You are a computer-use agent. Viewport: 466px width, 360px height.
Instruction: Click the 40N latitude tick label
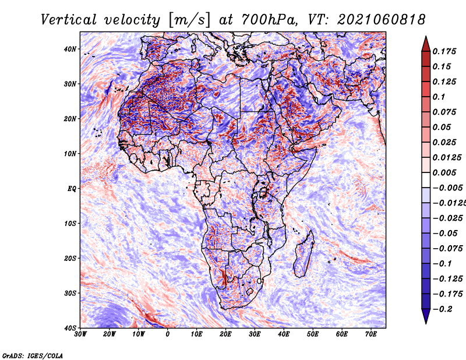[x=70, y=49]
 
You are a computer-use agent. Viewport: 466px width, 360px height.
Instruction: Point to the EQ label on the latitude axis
[x=72, y=189]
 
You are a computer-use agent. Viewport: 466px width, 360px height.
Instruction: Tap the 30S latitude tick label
[x=70, y=293]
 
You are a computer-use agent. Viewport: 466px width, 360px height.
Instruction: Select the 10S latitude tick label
[x=70, y=223]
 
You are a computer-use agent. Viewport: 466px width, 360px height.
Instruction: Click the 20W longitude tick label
[x=109, y=334]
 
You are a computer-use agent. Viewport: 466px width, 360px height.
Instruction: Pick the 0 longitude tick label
[x=168, y=334]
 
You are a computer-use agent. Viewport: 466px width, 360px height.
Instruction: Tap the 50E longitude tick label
[x=313, y=334]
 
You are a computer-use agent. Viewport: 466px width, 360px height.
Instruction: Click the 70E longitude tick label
[x=370, y=334]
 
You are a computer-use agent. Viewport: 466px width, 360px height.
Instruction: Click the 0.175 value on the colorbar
[x=444, y=51]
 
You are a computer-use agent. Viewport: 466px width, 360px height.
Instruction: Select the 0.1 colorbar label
[x=439, y=97]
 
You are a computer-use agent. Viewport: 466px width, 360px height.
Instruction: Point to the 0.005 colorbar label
[x=444, y=172]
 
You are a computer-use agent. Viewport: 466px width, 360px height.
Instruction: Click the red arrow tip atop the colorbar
[x=426, y=37]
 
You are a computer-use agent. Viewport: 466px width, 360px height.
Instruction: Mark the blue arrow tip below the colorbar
[x=426, y=323]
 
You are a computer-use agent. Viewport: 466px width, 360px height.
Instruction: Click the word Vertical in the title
[x=69, y=20]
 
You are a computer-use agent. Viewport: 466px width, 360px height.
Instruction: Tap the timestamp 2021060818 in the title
[x=382, y=20]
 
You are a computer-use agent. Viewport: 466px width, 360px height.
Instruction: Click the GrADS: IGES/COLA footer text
[x=33, y=355]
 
